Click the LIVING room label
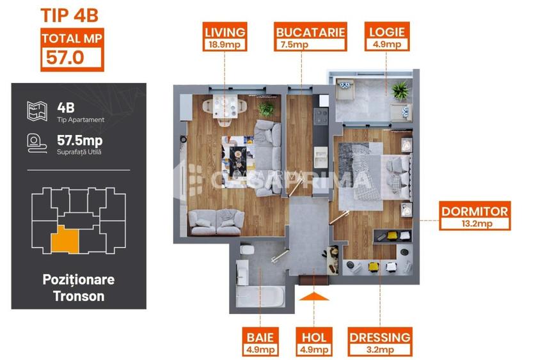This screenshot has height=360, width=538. [x=225, y=32]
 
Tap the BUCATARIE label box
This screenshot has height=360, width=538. [x=310, y=32]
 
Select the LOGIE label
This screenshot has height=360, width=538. [x=386, y=32]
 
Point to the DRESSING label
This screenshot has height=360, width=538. [x=379, y=337]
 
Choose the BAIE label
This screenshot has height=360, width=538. [x=260, y=337]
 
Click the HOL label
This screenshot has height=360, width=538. [x=313, y=337]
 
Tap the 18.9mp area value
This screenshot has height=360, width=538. [x=225, y=45]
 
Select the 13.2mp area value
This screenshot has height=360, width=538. [x=475, y=224]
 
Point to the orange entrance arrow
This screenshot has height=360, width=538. [x=313, y=295]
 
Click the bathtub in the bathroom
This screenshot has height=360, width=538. [x=260, y=295]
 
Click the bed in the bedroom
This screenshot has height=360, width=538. [x=374, y=170]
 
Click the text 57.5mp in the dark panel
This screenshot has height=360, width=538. [x=79, y=140]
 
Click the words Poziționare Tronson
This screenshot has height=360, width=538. [x=78, y=288]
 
